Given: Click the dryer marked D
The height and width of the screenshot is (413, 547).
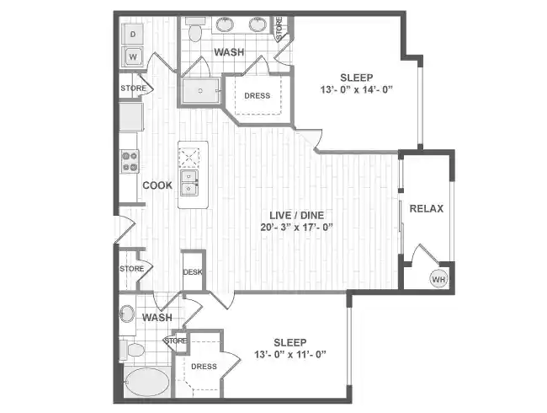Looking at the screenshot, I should coord(132,34).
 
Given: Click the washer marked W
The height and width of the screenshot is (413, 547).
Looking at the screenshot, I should coord(132,57).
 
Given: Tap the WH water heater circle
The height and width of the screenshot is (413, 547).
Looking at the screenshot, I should coord(438,279).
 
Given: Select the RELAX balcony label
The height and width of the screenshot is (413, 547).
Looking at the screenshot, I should coord(426,208).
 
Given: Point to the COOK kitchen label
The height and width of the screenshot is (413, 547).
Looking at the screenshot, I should coord(157,185).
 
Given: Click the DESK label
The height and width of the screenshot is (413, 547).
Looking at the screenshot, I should coord(193,271).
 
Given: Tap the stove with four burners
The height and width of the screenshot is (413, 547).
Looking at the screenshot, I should coord(130,161).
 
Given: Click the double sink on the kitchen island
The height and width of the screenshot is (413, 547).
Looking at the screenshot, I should coord(190,184).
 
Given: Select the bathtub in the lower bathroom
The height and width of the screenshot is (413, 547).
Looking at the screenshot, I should coord(146,384).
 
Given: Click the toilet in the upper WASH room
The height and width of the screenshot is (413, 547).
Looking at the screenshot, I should coord(195,32).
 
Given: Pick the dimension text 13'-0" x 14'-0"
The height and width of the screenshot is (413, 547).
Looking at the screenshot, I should coord(357,89).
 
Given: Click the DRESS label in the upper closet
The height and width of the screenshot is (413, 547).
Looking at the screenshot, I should coord(258,95).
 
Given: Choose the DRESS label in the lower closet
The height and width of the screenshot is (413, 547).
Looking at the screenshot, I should coord(204,367).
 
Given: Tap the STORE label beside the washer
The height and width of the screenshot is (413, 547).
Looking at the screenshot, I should coord(133,88).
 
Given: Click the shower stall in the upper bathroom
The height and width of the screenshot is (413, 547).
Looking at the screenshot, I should coord(200,90).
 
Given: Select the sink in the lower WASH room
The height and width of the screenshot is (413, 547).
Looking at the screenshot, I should coord(126,314).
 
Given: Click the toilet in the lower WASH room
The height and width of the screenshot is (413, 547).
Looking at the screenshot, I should coord(132,347).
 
